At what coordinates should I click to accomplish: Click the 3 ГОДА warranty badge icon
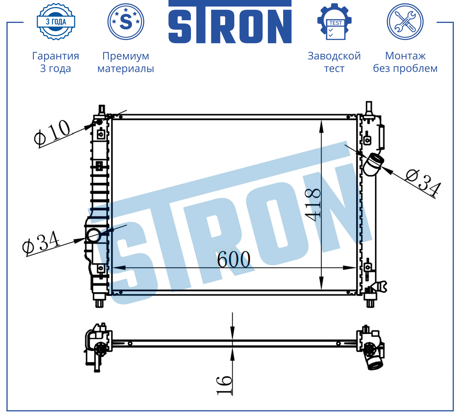pos(56,22)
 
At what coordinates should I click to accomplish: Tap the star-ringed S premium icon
pos(126,22)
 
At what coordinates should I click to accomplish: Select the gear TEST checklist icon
pos(335,22)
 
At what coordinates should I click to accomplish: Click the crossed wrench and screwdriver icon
pos(405,22)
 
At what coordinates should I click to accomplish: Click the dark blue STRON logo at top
pos(230,22)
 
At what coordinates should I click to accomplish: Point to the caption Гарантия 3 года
pos(56,62)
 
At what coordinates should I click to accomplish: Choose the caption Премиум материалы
pos(126,62)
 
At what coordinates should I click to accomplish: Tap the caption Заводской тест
pos(334,62)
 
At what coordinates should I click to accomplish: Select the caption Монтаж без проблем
pos(405,62)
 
